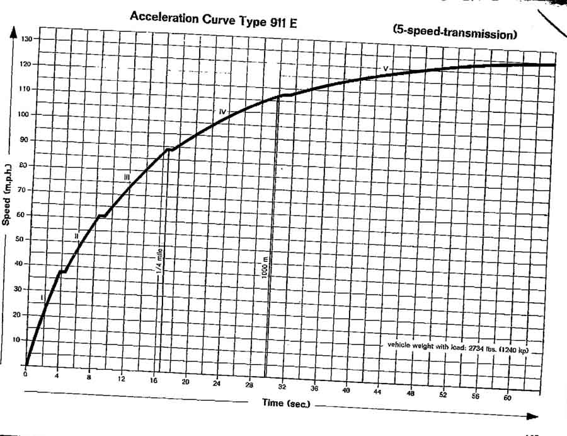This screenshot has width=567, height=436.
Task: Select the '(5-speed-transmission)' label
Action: pos(454,32)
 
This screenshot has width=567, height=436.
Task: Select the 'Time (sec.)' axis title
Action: pos(287,403)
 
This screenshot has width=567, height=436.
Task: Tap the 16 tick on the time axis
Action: pos(154,381)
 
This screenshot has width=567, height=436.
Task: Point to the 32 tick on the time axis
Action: pos(283,386)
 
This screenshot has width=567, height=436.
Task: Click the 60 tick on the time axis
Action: pos(509,399)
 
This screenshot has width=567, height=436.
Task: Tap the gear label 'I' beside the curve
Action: pos(41,297)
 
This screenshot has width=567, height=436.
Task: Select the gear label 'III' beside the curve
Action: pos(127,179)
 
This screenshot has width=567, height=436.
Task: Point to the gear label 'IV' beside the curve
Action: pos(222,111)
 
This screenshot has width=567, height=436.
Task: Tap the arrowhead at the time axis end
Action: pos(533,416)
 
